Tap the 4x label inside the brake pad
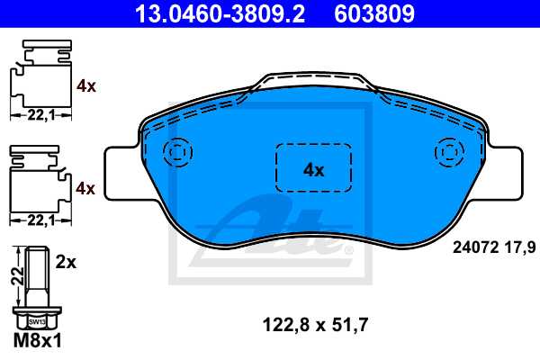(313, 168)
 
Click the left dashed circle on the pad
(178, 150)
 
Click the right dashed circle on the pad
(447, 150)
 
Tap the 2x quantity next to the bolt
(65, 264)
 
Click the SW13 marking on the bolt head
(35, 321)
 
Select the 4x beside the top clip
(86, 86)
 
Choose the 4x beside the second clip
(86, 188)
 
